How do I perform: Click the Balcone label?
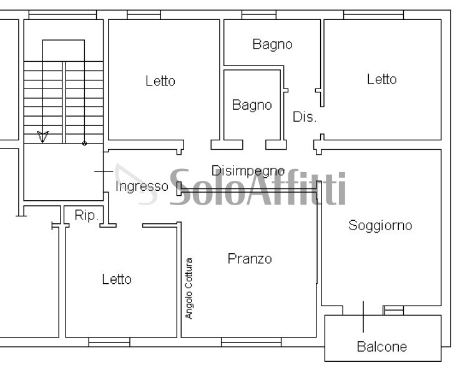[x=381, y=347]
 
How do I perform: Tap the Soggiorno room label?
[x=380, y=226]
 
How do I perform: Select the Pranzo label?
[x=250, y=258]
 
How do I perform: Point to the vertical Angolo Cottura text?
[x=189, y=288]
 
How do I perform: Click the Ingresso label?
[x=142, y=186]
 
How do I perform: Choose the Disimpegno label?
[x=248, y=171]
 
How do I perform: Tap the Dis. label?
[x=305, y=117]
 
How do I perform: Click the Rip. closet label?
[x=86, y=216]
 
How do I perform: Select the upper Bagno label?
[x=272, y=44]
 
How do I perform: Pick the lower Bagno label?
[x=252, y=105]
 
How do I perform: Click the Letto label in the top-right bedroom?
[x=381, y=79]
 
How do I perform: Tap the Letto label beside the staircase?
[x=160, y=80]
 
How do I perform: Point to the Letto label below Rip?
[x=117, y=279]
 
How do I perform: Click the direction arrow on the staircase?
[x=42, y=136]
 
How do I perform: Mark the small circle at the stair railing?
[x=84, y=143]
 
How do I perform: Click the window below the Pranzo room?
[x=251, y=341]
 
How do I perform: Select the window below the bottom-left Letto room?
[x=109, y=341]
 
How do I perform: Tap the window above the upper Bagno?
[x=258, y=15]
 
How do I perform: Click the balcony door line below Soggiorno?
[x=363, y=316]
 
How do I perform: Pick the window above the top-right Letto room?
[x=373, y=15]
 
